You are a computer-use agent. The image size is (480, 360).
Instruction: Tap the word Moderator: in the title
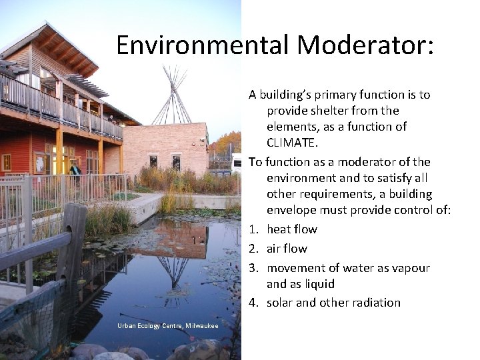(x=366, y=45)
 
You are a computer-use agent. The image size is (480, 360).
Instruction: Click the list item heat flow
(x=292, y=229)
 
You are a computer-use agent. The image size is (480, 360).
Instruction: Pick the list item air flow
(x=287, y=249)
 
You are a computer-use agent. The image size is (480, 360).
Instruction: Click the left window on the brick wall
(x=153, y=161)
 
